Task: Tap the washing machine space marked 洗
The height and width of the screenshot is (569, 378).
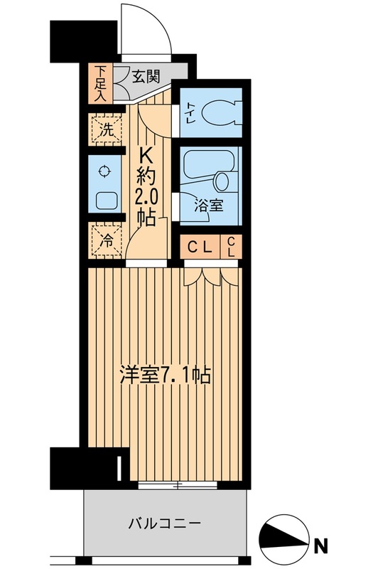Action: click(105, 131)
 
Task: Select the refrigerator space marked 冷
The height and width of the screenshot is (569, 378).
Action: click(105, 240)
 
